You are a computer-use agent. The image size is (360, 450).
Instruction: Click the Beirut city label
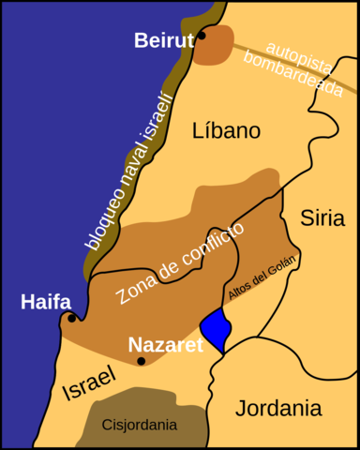pyautogui.click(x=164, y=40)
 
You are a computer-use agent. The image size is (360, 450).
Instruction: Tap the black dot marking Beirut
pyautogui.click(x=199, y=38)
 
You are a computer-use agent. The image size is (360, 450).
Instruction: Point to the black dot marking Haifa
pyautogui.click(x=71, y=318)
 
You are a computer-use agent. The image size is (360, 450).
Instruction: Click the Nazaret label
pyautogui.click(x=165, y=345)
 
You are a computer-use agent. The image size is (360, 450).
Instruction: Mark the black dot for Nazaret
pyautogui.click(x=141, y=361)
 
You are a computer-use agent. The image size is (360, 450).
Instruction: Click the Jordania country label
pyautogui.click(x=278, y=409)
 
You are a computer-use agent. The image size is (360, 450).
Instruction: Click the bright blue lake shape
pyautogui.click(x=217, y=330)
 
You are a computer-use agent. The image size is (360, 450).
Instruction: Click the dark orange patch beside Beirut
pyautogui.click(x=215, y=46)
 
